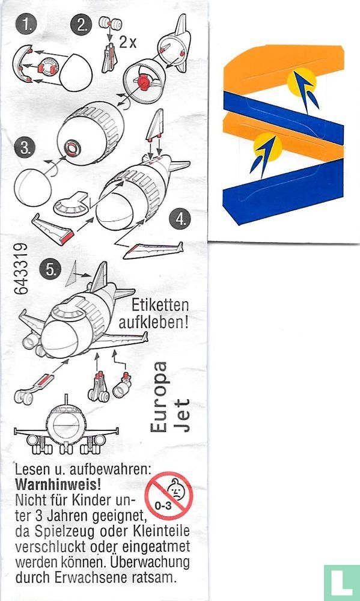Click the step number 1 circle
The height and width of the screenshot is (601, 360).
coord(26,26)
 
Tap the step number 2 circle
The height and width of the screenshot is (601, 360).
coord(81,25)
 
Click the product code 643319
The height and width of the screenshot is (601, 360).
coord(21,268)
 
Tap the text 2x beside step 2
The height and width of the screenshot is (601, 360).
coord(127,42)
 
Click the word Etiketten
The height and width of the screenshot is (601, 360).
coord(160,305)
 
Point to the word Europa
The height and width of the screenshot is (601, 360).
coord(159,397)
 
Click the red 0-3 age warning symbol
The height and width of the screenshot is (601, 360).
coord(169,496)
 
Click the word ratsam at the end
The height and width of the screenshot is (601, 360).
coord(153,577)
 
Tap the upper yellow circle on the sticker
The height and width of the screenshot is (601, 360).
coord(302,82)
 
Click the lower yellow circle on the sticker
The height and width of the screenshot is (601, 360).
coord(267,147)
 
